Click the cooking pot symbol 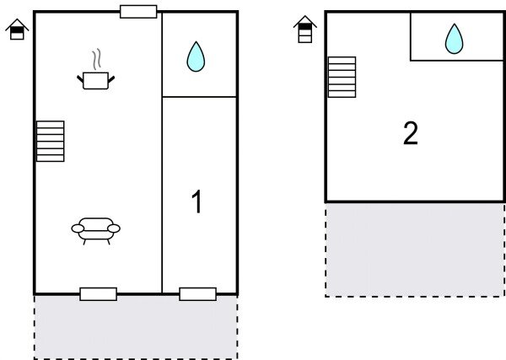click(96, 80)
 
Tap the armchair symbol click(96, 228)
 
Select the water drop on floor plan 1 click(196, 56)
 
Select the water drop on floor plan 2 click(455, 39)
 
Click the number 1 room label click(196, 202)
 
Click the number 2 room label click(411, 133)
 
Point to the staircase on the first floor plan click(51, 141)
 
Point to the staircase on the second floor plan click(342, 77)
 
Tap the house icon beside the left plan click(17, 30)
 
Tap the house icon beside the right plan click(305, 30)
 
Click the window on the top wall click(138, 12)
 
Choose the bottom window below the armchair click(98, 294)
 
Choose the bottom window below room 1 click(197, 294)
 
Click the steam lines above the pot click(97, 59)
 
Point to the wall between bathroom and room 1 click(199, 97)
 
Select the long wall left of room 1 click(162, 194)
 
